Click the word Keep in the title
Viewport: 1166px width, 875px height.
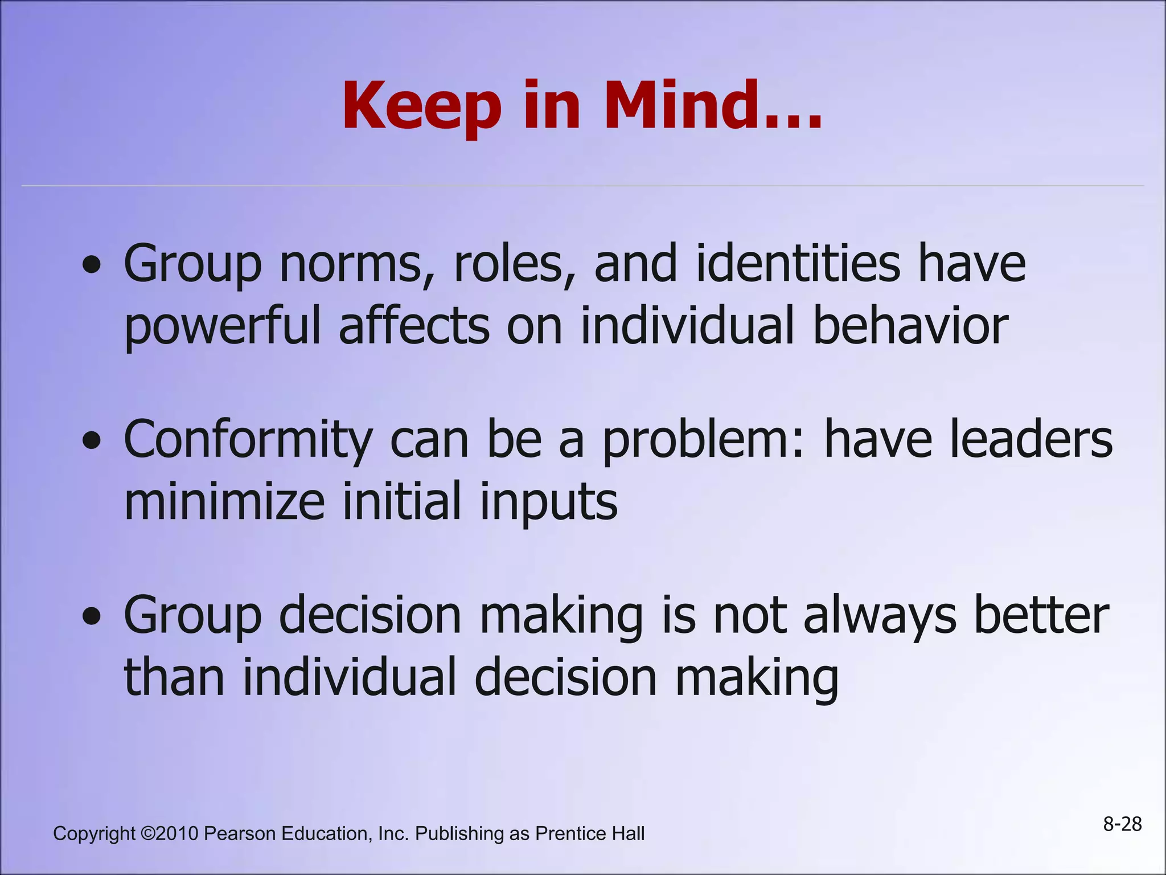pyautogui.click(x=421, y=107)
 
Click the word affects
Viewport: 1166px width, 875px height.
pyautogui.click(x=414, y=326)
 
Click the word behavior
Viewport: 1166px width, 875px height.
pyautogui.click(x=910, y=326)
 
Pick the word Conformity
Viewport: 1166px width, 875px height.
pyautogui.click(x=248, y=441)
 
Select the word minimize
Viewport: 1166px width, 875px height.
pyautogui.click(x=224, y=501)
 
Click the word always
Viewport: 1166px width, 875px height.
pyautogui.click(x=880, y=617)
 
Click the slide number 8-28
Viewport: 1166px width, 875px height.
pyautogui.click(x=1122, y=824)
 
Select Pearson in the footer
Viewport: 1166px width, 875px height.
pyautogui.click(x=240, y=833)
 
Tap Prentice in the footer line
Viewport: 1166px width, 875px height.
pyautogui.click(x=570, y=833)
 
